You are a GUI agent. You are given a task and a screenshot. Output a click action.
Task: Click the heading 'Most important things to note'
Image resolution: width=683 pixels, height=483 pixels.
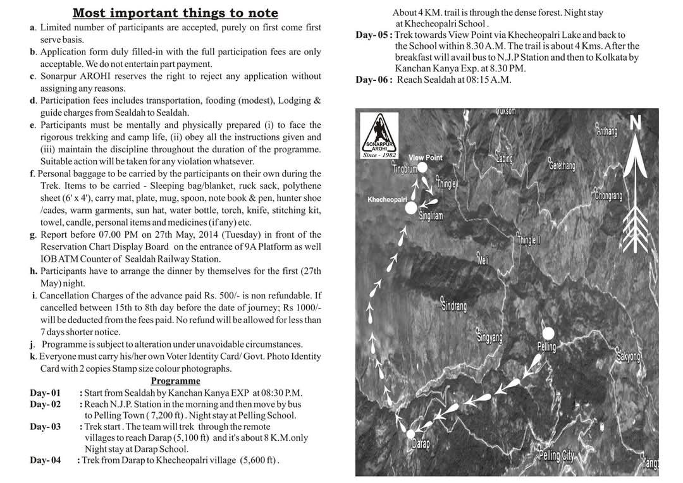click(x=175, y=13)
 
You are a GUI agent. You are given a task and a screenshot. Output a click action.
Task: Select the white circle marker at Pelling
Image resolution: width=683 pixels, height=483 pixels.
click(x=548, y=333)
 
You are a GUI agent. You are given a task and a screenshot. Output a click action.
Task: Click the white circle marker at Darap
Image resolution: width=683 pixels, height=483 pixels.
click(x=410, y=434)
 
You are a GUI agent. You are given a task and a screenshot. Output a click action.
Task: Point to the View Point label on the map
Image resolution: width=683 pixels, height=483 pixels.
click(x=425, y=157)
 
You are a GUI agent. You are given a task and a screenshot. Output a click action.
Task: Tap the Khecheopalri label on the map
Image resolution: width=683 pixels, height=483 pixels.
click(x=387, y=199)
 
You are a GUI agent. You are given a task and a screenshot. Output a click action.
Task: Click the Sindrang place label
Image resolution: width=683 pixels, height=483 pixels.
click(x=453, y=305)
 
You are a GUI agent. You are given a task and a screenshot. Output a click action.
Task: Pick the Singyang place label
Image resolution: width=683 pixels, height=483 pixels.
click(x=489, y=337)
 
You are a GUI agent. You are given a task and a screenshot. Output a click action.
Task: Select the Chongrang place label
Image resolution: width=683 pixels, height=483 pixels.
click(x=608, y=195)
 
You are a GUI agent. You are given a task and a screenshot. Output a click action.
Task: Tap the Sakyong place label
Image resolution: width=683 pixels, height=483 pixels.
click(x=628, y=357)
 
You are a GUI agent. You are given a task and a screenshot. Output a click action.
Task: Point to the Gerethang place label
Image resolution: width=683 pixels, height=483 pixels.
click(x=562, y=166)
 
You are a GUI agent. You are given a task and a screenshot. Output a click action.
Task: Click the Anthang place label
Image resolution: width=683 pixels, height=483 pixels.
click(x=606, y=131)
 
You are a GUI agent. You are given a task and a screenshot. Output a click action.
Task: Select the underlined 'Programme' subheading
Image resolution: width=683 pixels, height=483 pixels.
click(x=175, y=381)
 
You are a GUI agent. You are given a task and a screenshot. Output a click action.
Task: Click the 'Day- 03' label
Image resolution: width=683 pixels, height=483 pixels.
click(x=46, y=427)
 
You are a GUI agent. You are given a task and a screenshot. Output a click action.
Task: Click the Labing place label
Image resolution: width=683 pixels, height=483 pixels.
click(x=504, y=159)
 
